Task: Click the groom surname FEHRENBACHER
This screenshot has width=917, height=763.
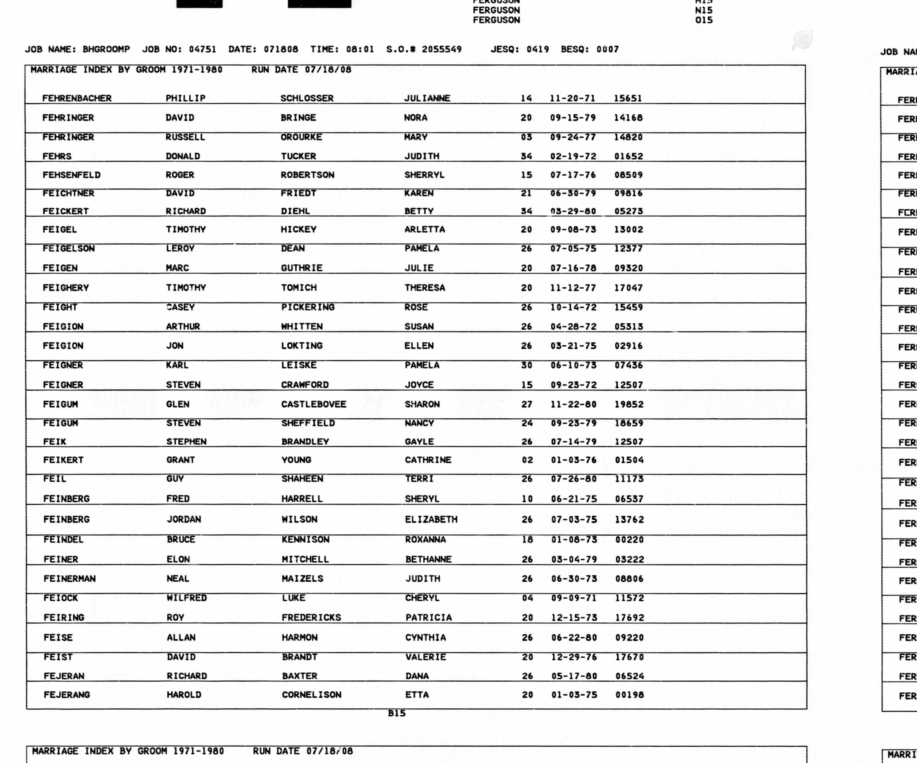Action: (x=77, y=98)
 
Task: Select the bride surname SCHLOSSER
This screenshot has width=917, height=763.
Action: (x=307, y=98)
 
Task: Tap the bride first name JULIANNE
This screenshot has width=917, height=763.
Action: (x=427, y=98)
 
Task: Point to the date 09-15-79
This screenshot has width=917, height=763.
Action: (x=573, y=117)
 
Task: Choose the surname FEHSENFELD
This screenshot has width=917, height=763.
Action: (x=72, y=175)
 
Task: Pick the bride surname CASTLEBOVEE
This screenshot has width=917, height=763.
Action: (x=314, y=404)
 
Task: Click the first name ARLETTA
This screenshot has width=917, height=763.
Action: (x=425, y=230)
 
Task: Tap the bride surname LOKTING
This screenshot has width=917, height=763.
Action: (x=302, y=346)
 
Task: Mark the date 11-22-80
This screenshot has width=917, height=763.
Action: (x=573, y=404)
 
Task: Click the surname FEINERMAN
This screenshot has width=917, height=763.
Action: (x=69, y=579)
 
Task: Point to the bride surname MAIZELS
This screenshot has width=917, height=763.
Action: (x=302, y=579)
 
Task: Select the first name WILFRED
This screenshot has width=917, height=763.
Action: (x=187, y=598)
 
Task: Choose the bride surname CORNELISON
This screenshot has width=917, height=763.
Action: (x=311, y=695)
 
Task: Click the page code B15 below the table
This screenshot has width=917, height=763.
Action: (x=397, y=713)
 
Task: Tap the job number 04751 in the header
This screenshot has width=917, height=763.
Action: (x=203, y=49)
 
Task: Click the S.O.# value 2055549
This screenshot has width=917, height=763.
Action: (x=442, y=49)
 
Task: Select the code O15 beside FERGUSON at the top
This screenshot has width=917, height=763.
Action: (x=703, y=20)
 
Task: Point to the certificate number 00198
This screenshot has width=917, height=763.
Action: (x=630, y=695)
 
